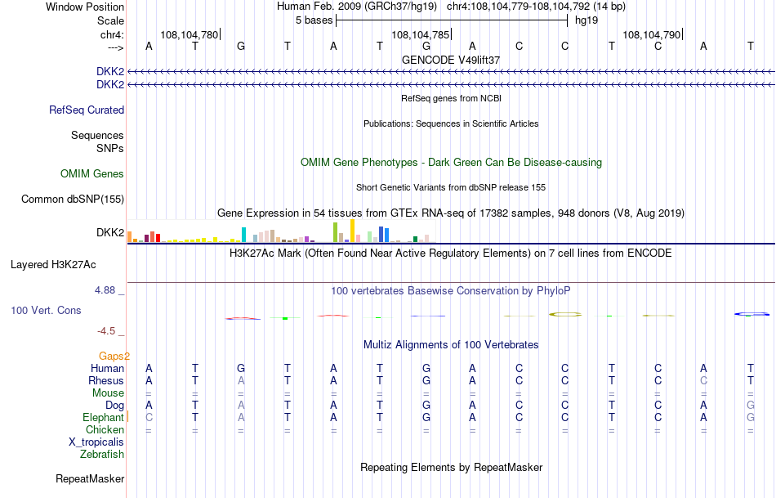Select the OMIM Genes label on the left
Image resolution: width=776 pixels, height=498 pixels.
click(92, 174)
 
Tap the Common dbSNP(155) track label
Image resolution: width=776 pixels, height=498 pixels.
click(73, 200)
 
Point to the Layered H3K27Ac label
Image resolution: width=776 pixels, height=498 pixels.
click(53, 265)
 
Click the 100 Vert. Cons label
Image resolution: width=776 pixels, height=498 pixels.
click(46, 311)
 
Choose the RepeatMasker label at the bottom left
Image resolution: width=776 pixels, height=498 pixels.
click(90, 478)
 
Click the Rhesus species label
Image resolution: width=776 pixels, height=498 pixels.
click(107, 380)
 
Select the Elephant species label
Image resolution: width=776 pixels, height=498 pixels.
click(102, 417)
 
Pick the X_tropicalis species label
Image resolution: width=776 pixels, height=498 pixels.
click(96, 442)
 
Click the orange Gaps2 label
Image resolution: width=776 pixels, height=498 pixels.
click(114, 356)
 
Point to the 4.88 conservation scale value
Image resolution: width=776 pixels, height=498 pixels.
click(109, 290)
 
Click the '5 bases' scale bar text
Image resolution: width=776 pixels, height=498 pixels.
click(314, 20)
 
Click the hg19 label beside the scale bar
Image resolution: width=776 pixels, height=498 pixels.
click(586, 20)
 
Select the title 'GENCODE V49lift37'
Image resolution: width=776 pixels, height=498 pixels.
click(451, 60)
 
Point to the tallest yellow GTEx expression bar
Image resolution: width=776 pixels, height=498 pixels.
click(352, 231)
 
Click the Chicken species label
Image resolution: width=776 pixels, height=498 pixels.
click(105, 429)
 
